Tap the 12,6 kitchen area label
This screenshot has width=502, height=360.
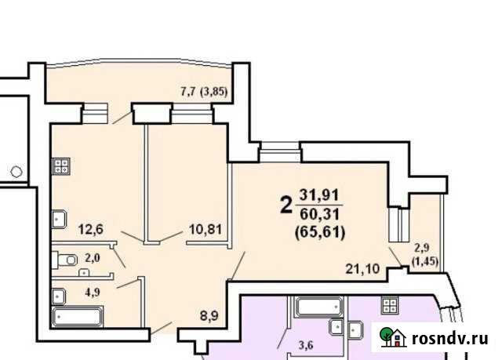[x=92, y=230]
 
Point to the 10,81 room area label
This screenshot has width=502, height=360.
[x=203, y=230]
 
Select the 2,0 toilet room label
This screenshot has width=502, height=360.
[x=92, y=257]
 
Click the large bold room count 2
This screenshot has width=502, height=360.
[x=286, y=205]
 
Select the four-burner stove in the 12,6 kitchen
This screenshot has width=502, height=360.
[x=62, y=166]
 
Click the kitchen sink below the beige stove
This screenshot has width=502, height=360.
[x=60, y=219]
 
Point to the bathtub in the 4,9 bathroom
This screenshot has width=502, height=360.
[x=76, y=318]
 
